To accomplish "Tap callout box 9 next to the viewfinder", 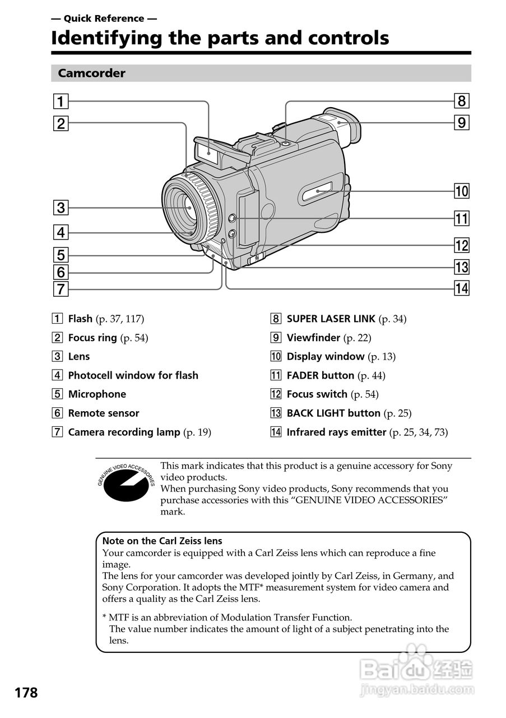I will (461, 122).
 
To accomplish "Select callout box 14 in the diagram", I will (461, 288).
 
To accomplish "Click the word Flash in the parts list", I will (80, 319).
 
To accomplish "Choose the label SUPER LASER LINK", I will (331, 319).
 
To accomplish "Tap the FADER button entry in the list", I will (320, 376).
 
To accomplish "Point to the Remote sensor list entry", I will (104, 413).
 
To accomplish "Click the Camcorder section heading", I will (91, 73).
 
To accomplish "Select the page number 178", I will (26, 693).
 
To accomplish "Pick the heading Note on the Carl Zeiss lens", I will (163, 541).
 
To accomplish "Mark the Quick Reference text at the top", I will (104, 19).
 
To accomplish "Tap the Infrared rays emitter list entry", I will (336, 432).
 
